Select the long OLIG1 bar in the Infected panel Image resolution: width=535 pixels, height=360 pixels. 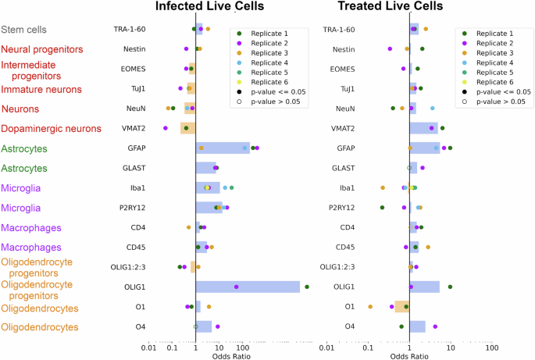coord(248,287)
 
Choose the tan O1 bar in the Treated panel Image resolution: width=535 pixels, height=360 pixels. coord(402,307)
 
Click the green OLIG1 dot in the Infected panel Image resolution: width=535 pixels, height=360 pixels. coord(307,287)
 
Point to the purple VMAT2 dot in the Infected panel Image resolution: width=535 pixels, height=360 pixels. coord(166,127)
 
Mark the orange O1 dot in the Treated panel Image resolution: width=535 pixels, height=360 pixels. coord(370,307)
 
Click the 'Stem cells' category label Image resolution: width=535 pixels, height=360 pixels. coord(23,30)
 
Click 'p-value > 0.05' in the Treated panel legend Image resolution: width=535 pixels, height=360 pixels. coord(498,102)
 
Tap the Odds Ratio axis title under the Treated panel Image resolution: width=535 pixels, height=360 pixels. coord(408,355)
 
